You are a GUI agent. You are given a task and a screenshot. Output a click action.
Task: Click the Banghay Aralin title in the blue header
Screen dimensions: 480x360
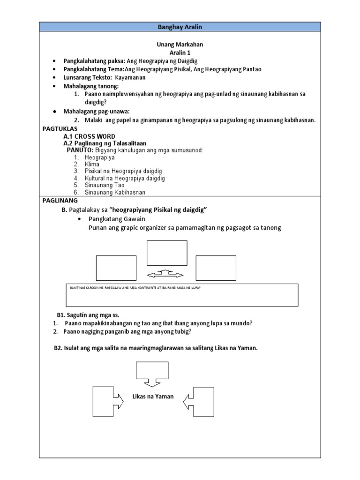(x=180, y=27)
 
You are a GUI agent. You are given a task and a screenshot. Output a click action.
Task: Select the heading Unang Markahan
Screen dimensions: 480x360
(x=180, y=45)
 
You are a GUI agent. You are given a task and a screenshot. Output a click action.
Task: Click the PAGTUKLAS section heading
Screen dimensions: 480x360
(x=60, y=128)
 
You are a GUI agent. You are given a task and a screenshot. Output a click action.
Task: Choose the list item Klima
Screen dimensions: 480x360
(x=92, y=165)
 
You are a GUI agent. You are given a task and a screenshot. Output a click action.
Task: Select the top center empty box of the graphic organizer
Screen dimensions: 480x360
(x=167, y=253)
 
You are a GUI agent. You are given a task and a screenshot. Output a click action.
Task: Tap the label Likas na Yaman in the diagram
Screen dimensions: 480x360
(x=153, y=396)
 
